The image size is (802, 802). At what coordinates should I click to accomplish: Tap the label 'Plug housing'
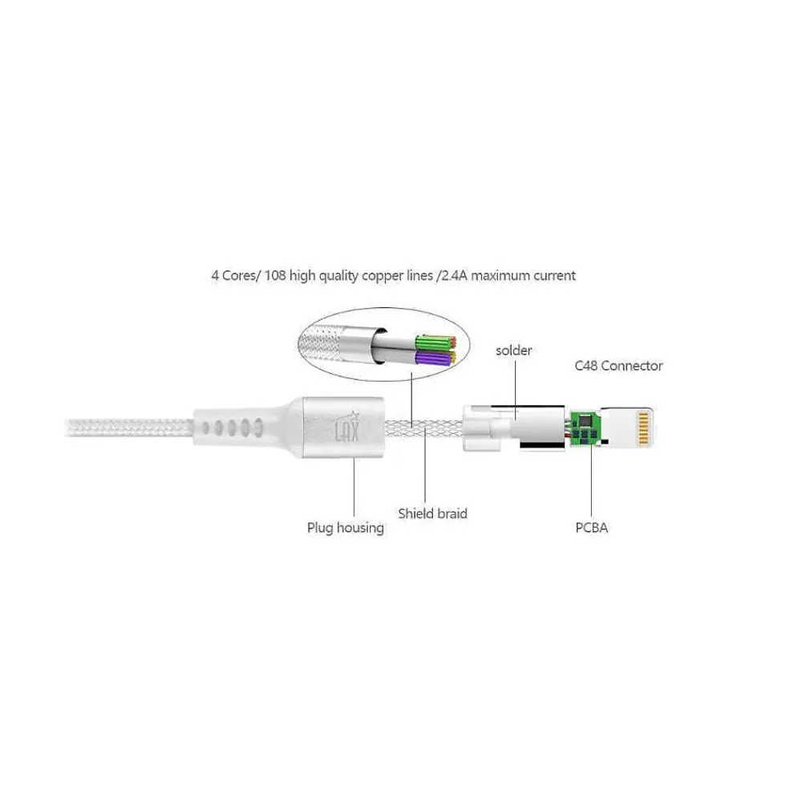pyautogui.click(x=346, y=528)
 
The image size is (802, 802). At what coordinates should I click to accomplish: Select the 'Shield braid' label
pyautogui.click(x=432, y=513)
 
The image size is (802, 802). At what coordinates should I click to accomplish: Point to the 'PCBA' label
pyautogui.click(x=592, y=528)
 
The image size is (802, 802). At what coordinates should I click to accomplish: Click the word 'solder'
pyautogui.click(x=514, y=350)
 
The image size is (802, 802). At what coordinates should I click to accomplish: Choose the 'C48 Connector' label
pyautogui.click(x=618, y=366)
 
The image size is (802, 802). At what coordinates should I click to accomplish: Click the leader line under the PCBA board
pyautogui.click(x=592, y=481)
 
